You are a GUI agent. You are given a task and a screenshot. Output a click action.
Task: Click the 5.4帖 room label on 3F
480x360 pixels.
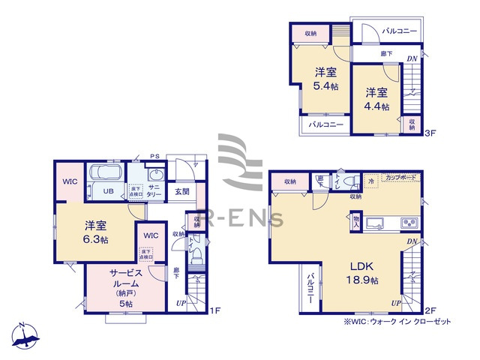[x=325, y=79]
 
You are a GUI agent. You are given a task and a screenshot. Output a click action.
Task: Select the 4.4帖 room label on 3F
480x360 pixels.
[x=377, y=100]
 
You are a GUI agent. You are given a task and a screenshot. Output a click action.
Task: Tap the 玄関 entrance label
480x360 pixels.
[x=183, y=191]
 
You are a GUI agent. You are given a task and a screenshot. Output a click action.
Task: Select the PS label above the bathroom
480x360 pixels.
[x=154, y=156]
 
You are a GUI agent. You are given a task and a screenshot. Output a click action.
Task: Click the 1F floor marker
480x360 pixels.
[x=214, y=310]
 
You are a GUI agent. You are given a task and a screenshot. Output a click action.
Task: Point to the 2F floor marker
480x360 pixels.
[x=430, y=310]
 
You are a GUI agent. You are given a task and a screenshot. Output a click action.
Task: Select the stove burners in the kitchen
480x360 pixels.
[x=409, y=222]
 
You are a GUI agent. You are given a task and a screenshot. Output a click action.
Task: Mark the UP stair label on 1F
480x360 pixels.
[x=180, y=302]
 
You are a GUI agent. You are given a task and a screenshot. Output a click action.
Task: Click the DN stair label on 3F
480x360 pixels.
[x=412, y=58]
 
